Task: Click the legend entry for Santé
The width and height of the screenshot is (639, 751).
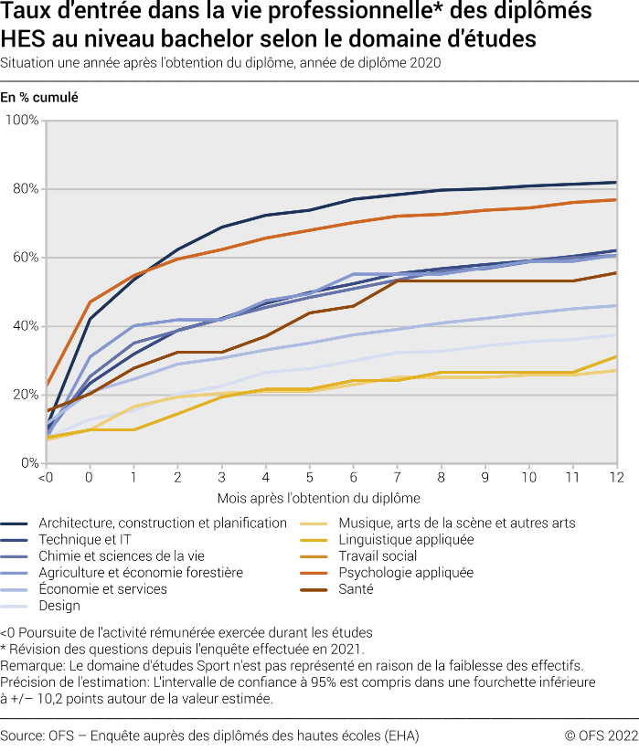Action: (356, 589)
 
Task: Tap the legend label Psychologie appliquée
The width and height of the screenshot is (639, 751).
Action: (406, 573)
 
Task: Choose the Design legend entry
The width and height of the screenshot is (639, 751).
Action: (59, 606)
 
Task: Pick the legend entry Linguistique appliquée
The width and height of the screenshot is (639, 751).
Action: (406, 540)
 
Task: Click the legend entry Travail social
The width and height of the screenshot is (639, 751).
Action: (378, 556)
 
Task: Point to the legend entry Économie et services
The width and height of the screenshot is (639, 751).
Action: (102, 589)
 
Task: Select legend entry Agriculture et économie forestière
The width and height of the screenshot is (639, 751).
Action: (141, 573)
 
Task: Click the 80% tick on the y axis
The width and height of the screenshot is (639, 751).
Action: (25, 189)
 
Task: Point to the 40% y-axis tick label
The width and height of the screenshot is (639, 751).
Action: (25, 326)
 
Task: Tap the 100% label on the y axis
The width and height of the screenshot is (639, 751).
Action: (22, 121)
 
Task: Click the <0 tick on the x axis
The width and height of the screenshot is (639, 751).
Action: (44, 478)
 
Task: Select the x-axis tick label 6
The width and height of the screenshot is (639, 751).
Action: (353, 478)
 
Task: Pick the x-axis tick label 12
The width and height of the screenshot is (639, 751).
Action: (616, 478)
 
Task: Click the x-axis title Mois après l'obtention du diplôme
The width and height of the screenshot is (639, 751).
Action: (318, 499)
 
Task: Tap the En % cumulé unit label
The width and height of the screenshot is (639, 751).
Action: (38, 97)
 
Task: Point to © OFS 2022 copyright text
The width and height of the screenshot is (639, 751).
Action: (601, 735)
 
